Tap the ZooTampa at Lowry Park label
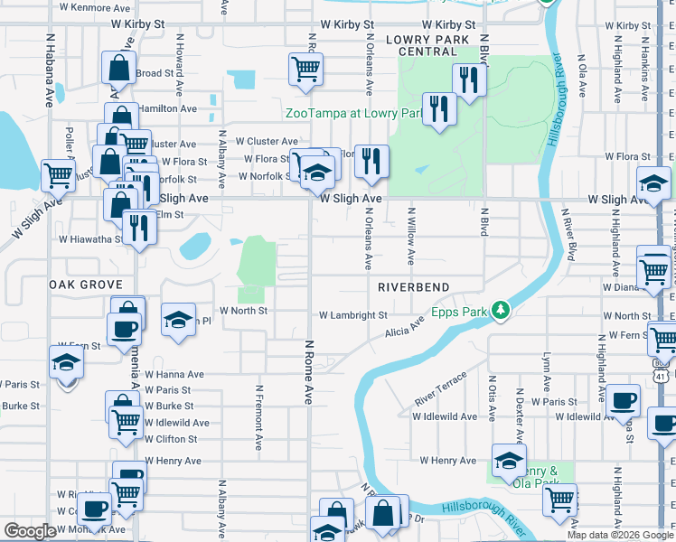pyautogui.click(x=354, y=114)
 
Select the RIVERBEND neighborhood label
pyautogui.click(x=413, y=286)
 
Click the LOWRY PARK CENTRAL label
pyautogui.click(x=427, y=46)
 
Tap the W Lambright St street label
pyautogui.click(x=352, y=315)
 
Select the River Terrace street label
pyautogui.click(x=441, y=388)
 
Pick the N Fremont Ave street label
pyautogui.click(x=258, y=419)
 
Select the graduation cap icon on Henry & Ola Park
pyautogui.click(x=509, y=460)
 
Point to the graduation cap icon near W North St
pyautogui.click(x=179, y=318)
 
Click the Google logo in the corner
pyautogui.click(x=30, y=531)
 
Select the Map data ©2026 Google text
pyautogui.click(x=619, y=535)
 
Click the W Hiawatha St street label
pyautogui.click(x=90, y=239)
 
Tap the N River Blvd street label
pyautogui.click(x=570, y=238)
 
